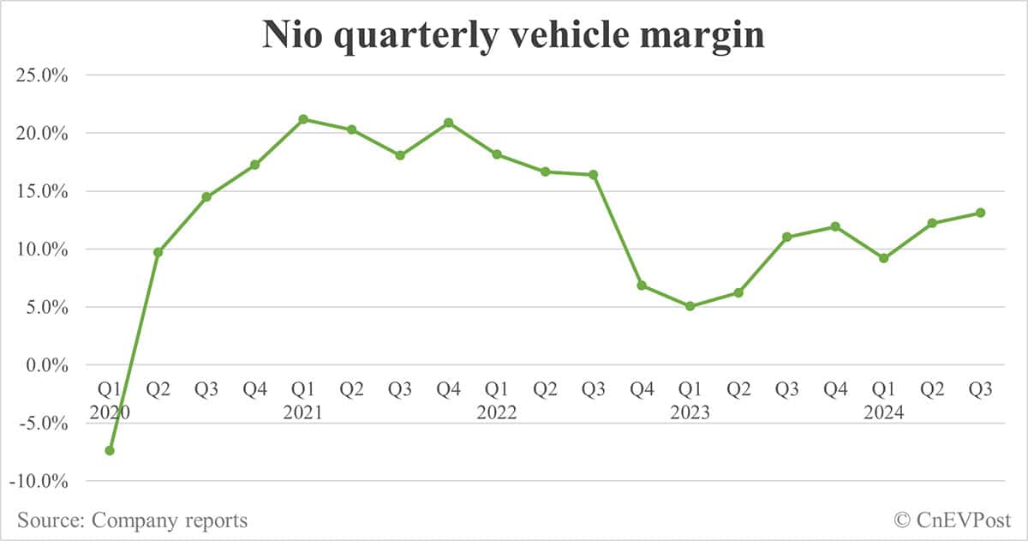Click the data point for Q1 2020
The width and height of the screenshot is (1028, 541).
[110, 450]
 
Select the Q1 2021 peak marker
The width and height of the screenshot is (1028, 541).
[303, 119]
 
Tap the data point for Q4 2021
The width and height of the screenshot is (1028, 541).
[448, 123]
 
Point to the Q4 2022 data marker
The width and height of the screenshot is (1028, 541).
[642, 286]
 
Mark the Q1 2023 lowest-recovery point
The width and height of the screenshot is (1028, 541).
[690, 306]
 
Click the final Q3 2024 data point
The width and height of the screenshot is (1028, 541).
[980, 213]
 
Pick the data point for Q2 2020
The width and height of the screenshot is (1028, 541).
[158, 252]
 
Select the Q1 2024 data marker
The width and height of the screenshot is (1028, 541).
[883, 258]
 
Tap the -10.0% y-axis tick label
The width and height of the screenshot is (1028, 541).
[39, 481]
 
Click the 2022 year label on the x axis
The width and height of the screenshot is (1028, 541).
[497, 412]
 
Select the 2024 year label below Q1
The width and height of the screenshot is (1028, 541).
[883, 412]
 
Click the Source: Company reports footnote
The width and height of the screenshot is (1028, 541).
[132, 520]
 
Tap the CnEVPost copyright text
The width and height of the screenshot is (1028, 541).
[953, 520]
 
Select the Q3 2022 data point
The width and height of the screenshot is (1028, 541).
[593, 175]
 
